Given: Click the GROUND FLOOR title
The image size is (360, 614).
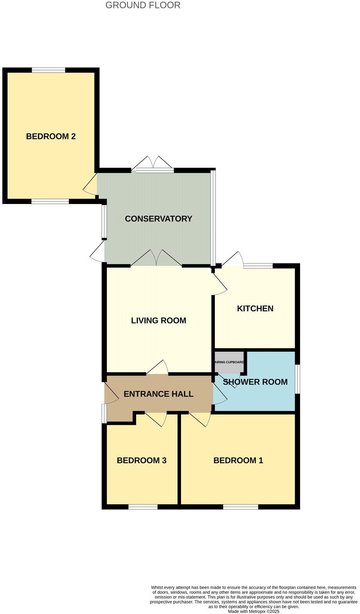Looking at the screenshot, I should [143, 5].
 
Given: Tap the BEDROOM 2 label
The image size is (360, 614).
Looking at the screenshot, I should [51, 136].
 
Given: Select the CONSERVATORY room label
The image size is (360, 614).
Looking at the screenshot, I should [158, 219].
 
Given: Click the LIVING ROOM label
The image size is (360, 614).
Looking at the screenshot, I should [158, 321].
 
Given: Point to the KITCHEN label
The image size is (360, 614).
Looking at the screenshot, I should [255, 309].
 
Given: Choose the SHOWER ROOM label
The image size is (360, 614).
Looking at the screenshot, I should [255, 382].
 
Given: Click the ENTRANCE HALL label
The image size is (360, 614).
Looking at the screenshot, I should [158, 394].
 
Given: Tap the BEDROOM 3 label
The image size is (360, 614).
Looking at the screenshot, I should [142, 460].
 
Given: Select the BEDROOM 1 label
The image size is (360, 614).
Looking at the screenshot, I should [238, 460].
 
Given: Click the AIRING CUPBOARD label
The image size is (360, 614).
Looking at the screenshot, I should [230, 362].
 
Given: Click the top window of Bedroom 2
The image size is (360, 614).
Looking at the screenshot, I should [49, 70].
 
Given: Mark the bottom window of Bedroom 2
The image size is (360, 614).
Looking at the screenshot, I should [50, 202].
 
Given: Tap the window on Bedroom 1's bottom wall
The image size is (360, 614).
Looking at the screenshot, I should [241, 507].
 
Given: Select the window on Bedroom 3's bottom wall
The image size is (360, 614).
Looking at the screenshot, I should [143, 507].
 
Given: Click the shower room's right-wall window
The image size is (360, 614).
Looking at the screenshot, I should [297, 379].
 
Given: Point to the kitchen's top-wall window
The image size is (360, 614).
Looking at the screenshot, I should [258, 266].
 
